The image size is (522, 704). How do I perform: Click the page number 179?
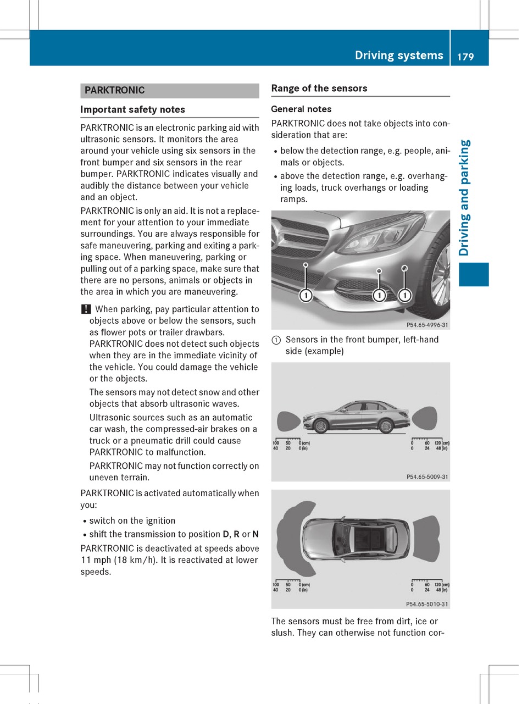pyautogui.click(x=465, y=56)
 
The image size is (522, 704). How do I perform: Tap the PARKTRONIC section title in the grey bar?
pyautogui.click(x=115, y=90)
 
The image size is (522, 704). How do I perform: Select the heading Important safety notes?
pyautogui.click(x=132, y=109)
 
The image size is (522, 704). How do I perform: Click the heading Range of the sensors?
pyautogui.click(x=319, y=88)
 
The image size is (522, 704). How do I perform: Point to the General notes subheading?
pyautogui.click(x=301, y=109)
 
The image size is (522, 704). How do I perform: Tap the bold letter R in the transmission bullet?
pyautogui.click(x=236, y=535)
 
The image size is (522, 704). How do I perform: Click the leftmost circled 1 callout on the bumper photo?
pyautogui.click(x=306, y=296)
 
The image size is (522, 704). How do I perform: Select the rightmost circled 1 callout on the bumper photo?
pyautogui.click(x=405, y=296)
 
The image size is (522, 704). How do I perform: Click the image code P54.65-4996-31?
pyautogui.click(x=427, y=325)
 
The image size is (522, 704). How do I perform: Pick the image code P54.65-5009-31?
pyautogui.click(x=427, y=477)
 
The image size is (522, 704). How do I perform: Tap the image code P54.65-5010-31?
pyautogui.click(x=427, y=604)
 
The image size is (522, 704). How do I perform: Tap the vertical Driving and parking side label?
pyautogui.click(x=464, y=198)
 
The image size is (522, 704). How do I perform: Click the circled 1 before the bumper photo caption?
pyautogui.click(x=276, y=340)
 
